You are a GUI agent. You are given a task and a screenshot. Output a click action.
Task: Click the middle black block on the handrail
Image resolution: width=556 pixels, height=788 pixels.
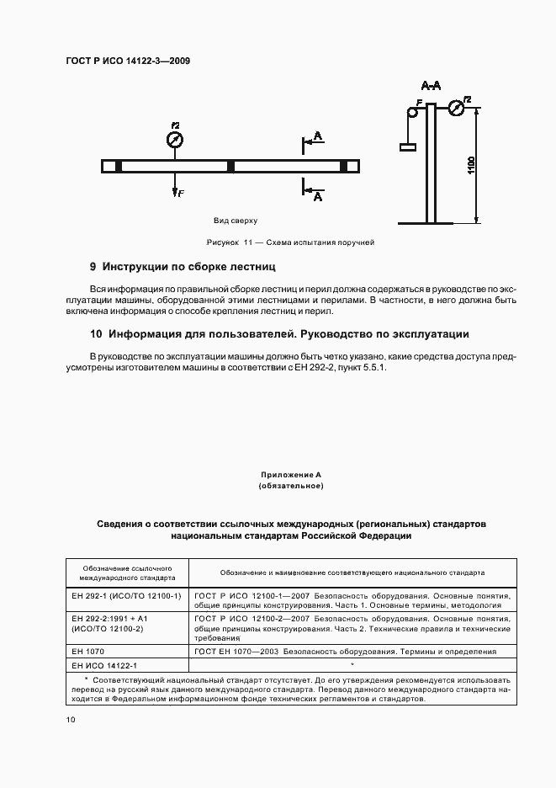click(230, 166)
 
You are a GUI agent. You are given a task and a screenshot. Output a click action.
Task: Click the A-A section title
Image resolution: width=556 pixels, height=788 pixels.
click(432, 86)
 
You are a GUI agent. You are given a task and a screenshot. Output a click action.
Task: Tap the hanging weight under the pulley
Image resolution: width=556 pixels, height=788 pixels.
click(409, 147)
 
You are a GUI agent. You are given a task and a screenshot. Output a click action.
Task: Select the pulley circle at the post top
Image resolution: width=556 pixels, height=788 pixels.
click(413, 112)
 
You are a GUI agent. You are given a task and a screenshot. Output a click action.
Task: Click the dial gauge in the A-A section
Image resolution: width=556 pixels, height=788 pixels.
click(456, 108)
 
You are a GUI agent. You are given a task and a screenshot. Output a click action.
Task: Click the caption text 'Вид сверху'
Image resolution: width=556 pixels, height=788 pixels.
click(236, 220)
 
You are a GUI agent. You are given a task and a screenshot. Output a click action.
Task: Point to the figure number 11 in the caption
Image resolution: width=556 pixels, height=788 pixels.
click(248, 242)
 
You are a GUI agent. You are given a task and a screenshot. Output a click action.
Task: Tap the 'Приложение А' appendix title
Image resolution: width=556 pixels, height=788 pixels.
click(291, 475)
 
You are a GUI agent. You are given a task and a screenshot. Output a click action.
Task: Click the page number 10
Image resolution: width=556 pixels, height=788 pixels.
click(71, 720)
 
